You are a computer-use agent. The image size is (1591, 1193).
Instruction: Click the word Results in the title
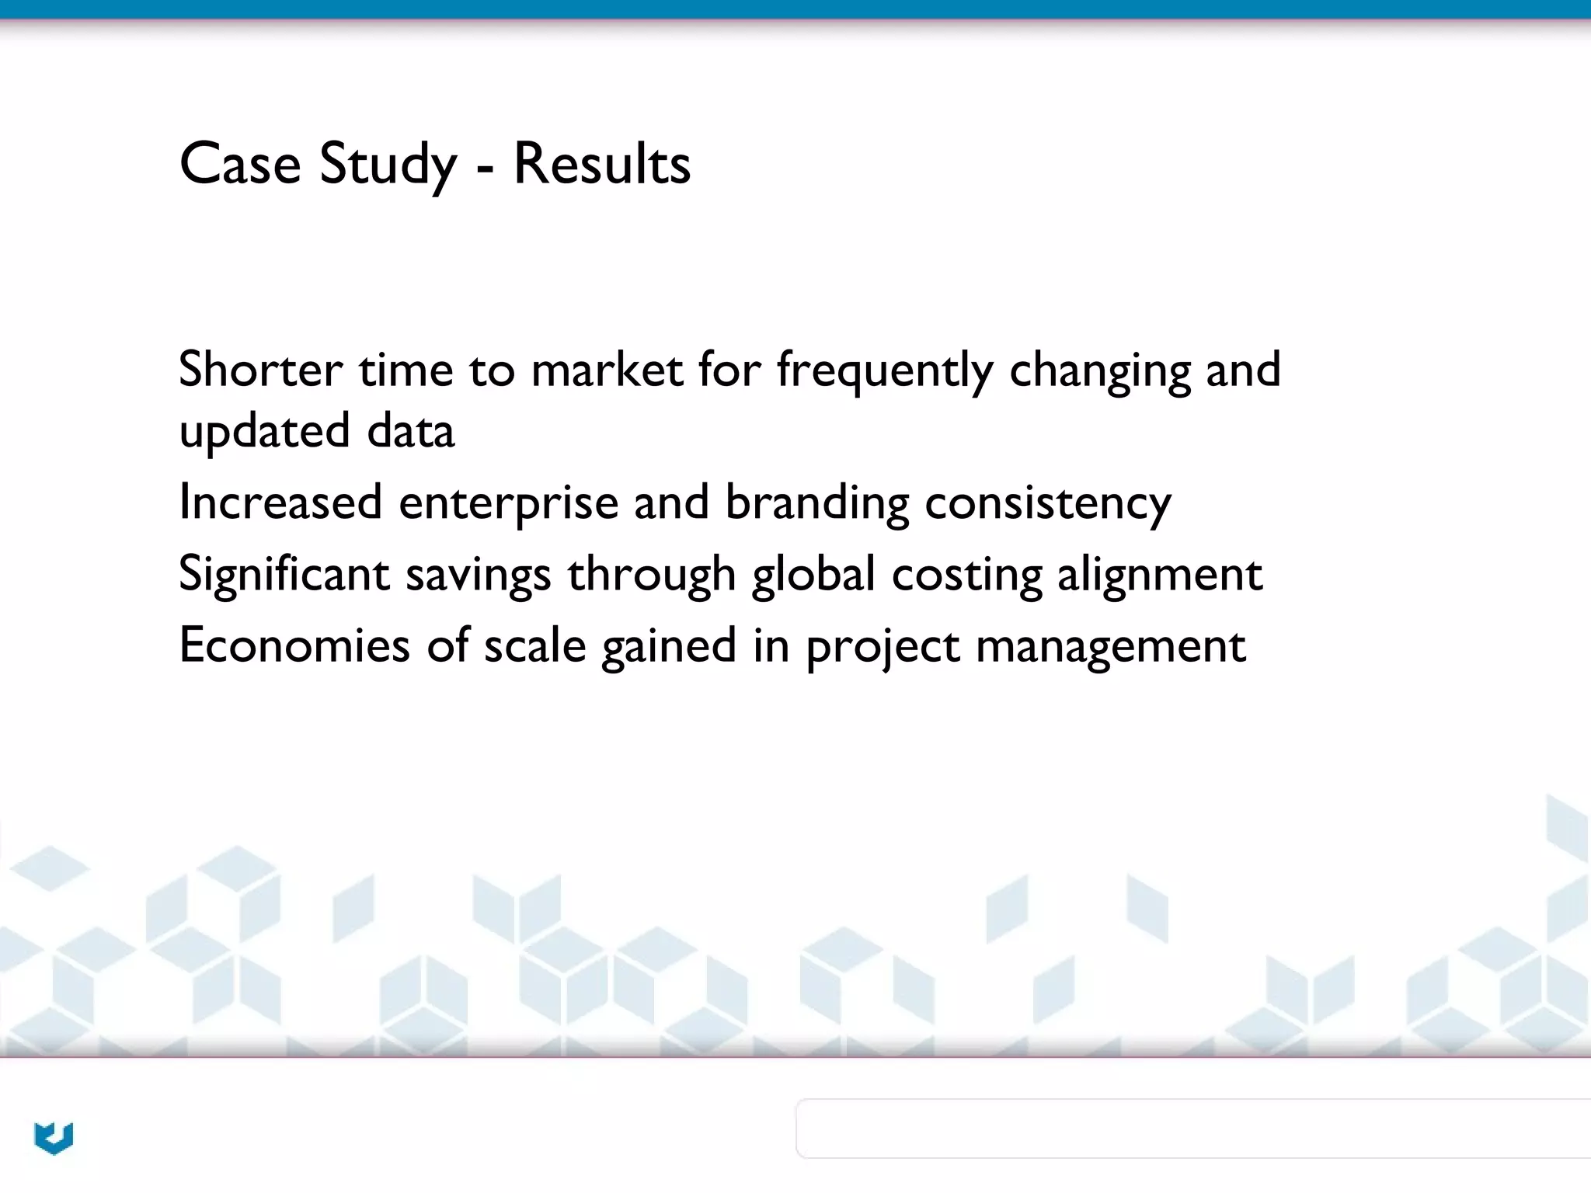601,165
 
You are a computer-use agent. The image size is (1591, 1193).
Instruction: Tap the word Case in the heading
240,165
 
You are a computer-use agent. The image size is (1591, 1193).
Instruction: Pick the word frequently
885,371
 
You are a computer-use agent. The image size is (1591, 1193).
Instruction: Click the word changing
1099,371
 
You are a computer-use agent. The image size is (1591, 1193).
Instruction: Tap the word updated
264,432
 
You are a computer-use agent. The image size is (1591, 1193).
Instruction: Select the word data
410,431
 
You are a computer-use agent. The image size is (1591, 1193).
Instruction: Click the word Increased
280,502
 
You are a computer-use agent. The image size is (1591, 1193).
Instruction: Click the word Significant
284,575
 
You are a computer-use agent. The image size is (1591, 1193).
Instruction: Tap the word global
813,575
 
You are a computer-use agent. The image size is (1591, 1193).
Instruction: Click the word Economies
294,645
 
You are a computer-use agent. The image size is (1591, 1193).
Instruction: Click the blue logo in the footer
54,1138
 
